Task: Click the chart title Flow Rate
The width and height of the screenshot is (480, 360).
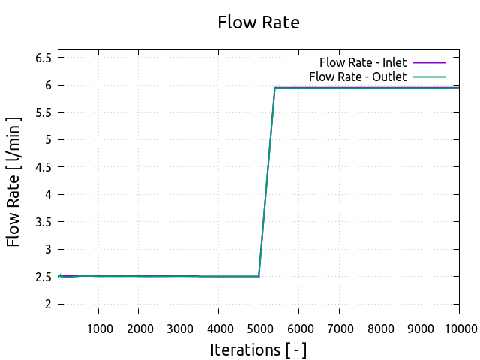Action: point(258,22)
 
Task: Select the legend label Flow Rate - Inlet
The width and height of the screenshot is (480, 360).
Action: point(363,62)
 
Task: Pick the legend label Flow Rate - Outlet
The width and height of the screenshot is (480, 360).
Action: point(358,76)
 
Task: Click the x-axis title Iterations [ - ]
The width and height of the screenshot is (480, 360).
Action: point(258,349)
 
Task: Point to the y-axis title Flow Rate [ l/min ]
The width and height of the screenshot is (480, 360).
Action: point(14,181)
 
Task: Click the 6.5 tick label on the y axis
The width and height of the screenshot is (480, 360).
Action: point(43,58)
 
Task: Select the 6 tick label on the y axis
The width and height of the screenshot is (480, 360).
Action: point(47,85)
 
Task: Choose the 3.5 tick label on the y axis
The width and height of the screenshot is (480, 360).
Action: point(43,222)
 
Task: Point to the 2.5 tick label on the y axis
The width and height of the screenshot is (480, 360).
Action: point(43,277)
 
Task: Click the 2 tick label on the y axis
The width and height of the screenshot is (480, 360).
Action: point(47,304)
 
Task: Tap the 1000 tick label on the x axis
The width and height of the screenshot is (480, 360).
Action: point(99,328)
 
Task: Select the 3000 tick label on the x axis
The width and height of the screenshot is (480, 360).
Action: point(178,328)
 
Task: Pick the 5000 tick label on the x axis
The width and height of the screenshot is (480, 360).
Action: point(259,328)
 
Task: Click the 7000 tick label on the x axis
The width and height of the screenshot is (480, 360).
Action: point(339,328)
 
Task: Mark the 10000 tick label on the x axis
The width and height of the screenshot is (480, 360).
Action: point(459,328)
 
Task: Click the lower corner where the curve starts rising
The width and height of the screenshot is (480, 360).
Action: point(259,276)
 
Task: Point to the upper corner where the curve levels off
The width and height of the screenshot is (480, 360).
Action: point(275,88)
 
